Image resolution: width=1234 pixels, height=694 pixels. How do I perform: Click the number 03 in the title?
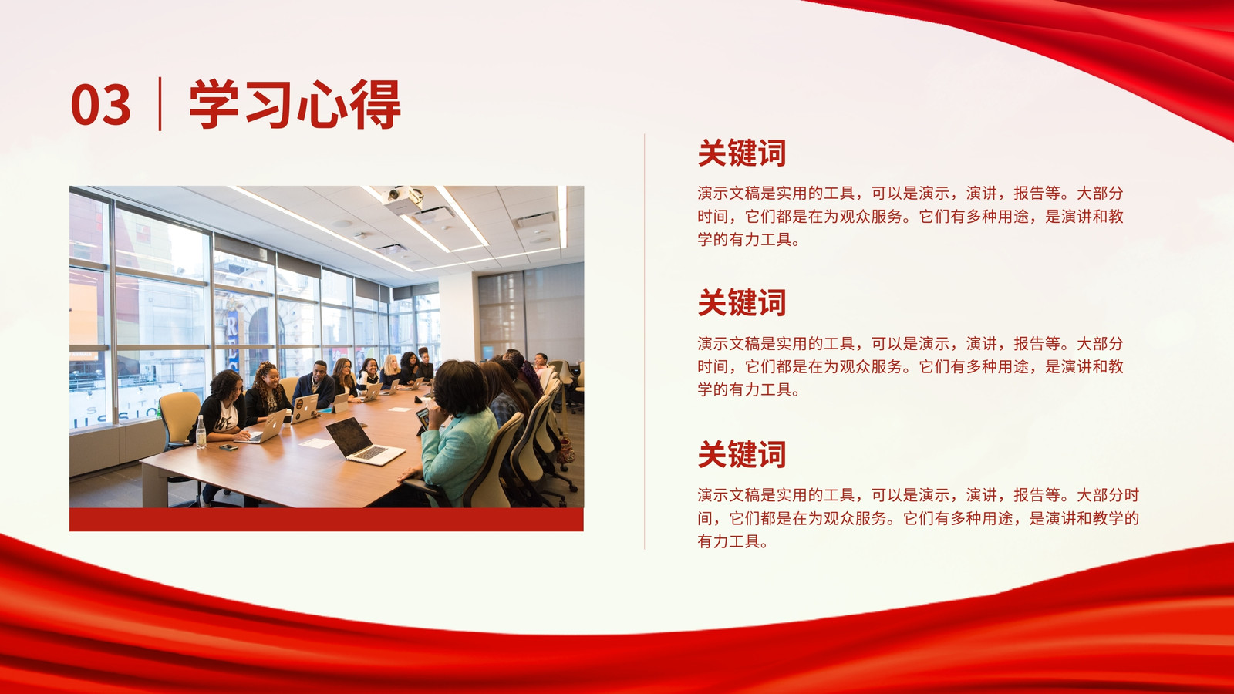(x=101, y=105)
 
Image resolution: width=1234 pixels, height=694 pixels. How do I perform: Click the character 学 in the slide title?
(x=214, y=104)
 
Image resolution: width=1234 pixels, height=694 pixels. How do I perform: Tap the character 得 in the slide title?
(x=375, y=104)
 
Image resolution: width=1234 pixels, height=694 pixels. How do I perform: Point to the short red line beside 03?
(x=160, y=103)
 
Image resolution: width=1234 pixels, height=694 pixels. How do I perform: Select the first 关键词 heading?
(x=741, y=153)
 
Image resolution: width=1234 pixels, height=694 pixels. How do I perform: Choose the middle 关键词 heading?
(x=741, y=302)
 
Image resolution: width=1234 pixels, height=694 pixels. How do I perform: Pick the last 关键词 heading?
(x=741, y=454)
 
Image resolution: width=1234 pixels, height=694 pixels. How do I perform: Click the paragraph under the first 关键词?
(x=910, y=217)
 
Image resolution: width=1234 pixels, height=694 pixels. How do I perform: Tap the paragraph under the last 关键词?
(x=918, y=518)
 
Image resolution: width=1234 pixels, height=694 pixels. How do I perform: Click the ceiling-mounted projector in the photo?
(x=404, y=200)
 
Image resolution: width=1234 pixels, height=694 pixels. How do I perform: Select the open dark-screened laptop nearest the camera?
(x=363, y=441)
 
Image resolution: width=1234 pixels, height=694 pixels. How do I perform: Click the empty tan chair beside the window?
(x=179, y=419)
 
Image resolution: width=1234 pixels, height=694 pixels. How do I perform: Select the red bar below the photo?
(x=326, y=520)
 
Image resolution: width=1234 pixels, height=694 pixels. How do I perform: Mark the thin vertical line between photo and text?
(x=645, y=342)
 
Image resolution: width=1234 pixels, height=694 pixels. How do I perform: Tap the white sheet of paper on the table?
(x=316, y=443)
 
